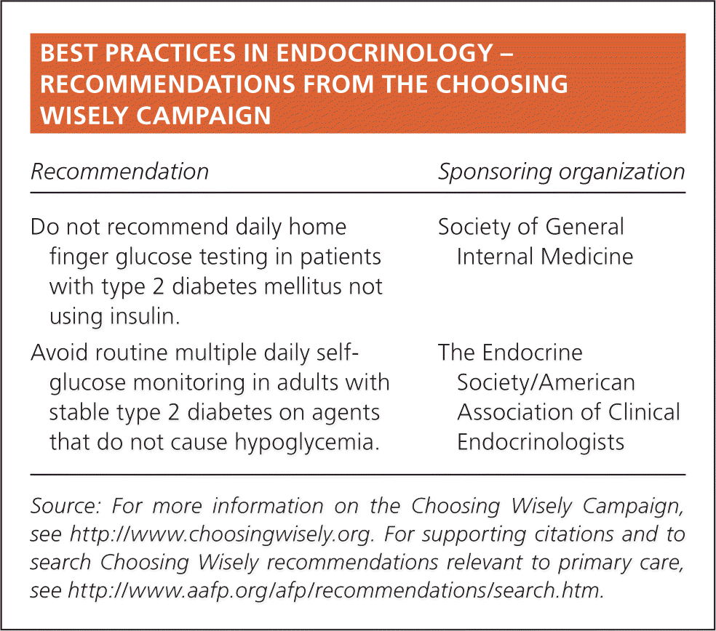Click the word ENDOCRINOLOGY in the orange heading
click(x=384, y=53)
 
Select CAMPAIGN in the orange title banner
click(x=204, y=115)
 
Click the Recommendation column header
click(x=119, y=172)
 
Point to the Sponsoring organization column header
click(x=562, y=172)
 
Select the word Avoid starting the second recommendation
click(x=59, y=353)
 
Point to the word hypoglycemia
click(x=307, y=442)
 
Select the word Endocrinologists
click(x=541, y=442)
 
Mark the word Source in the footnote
click(x=65, y=506)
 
